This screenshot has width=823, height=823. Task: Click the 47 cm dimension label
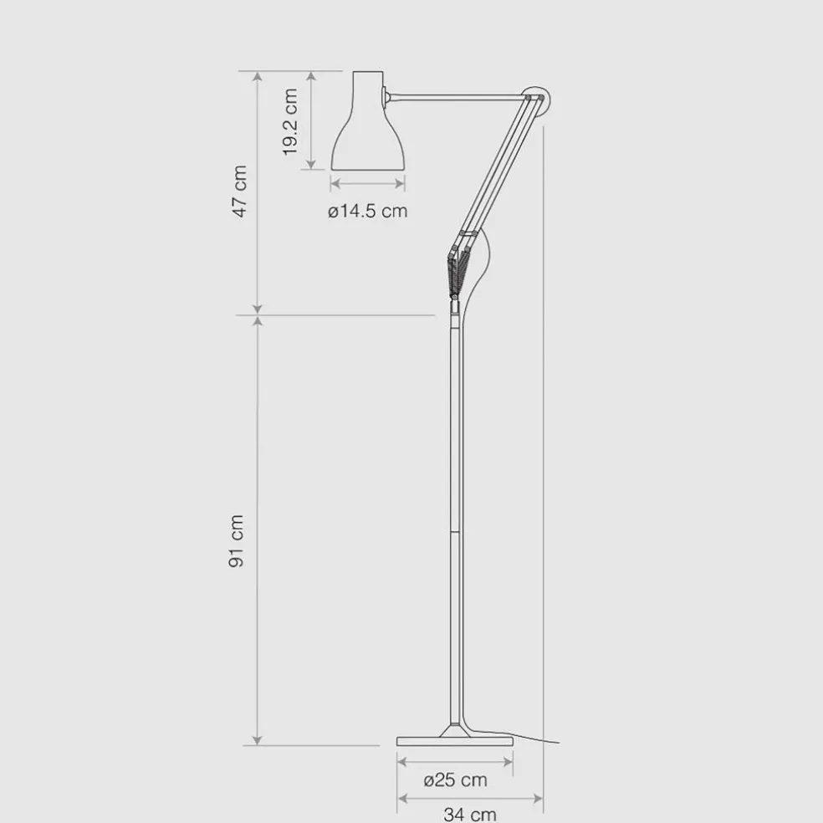(239, 191)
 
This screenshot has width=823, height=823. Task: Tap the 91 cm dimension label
(237, 541)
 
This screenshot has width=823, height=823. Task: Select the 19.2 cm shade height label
(289, 122)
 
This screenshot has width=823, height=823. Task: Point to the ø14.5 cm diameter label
(367, 211)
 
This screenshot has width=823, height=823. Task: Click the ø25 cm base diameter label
(455, 780)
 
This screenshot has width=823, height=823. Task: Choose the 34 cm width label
(470, 814)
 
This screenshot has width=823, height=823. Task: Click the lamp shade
(369, 120)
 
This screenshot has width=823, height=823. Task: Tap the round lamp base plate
(454, 741)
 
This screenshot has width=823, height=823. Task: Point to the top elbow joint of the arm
(534, 98)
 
